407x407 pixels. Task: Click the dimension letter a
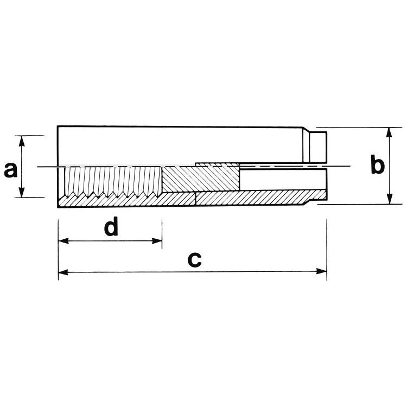tap(11, 170)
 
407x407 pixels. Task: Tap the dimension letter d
tap(111, 226)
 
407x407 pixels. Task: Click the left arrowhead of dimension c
tap(63, 272)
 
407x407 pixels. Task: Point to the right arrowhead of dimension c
tap(322, 271)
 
